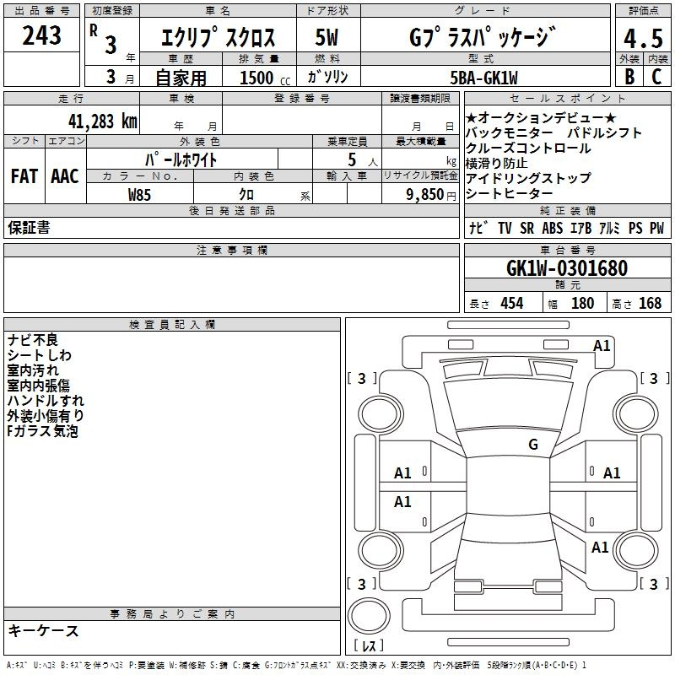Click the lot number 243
point(41,35)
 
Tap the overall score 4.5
point(643,38)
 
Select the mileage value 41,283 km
point(103,121)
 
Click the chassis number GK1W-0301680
point(567,268)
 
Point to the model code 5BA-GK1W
point(483,78)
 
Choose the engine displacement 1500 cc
point(265,78)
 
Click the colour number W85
point(139,195)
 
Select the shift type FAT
point(24,176)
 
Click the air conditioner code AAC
point(65,176)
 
